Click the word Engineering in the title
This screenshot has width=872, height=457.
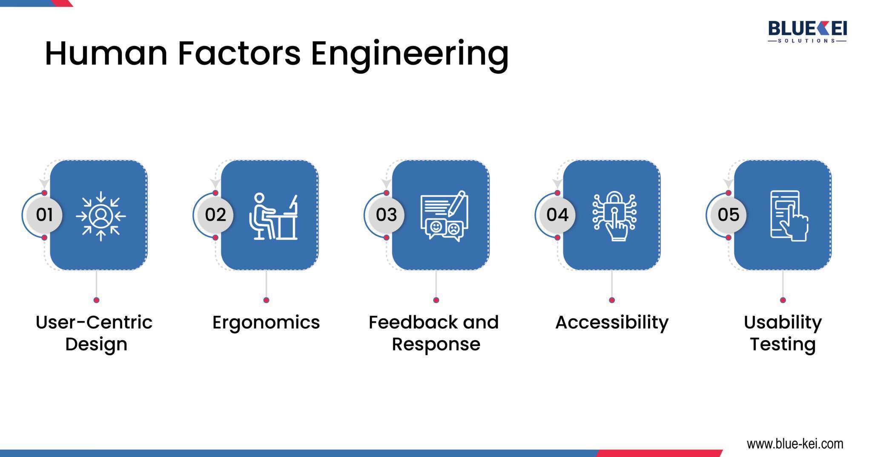point(410,55)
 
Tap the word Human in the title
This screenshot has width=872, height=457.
point(106,54)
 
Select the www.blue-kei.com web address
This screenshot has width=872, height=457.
point(795,444)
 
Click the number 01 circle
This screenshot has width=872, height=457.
point(44,215)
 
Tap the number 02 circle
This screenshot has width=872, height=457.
point(215,215)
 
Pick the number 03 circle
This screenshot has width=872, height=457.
point(386,215)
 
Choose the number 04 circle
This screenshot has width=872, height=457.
point(557,215)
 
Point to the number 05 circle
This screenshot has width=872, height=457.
point(729,215)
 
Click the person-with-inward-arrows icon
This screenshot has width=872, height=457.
point(101,216)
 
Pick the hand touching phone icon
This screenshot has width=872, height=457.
point(789,216)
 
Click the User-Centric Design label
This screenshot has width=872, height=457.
point(95,333)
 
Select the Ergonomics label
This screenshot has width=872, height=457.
point(266,323)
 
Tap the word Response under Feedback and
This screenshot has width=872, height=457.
point(436,344)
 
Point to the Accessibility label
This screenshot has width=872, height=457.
point(612,323)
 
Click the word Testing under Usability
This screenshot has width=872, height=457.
point(783,344)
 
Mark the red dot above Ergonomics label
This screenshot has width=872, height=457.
point(266,300)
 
